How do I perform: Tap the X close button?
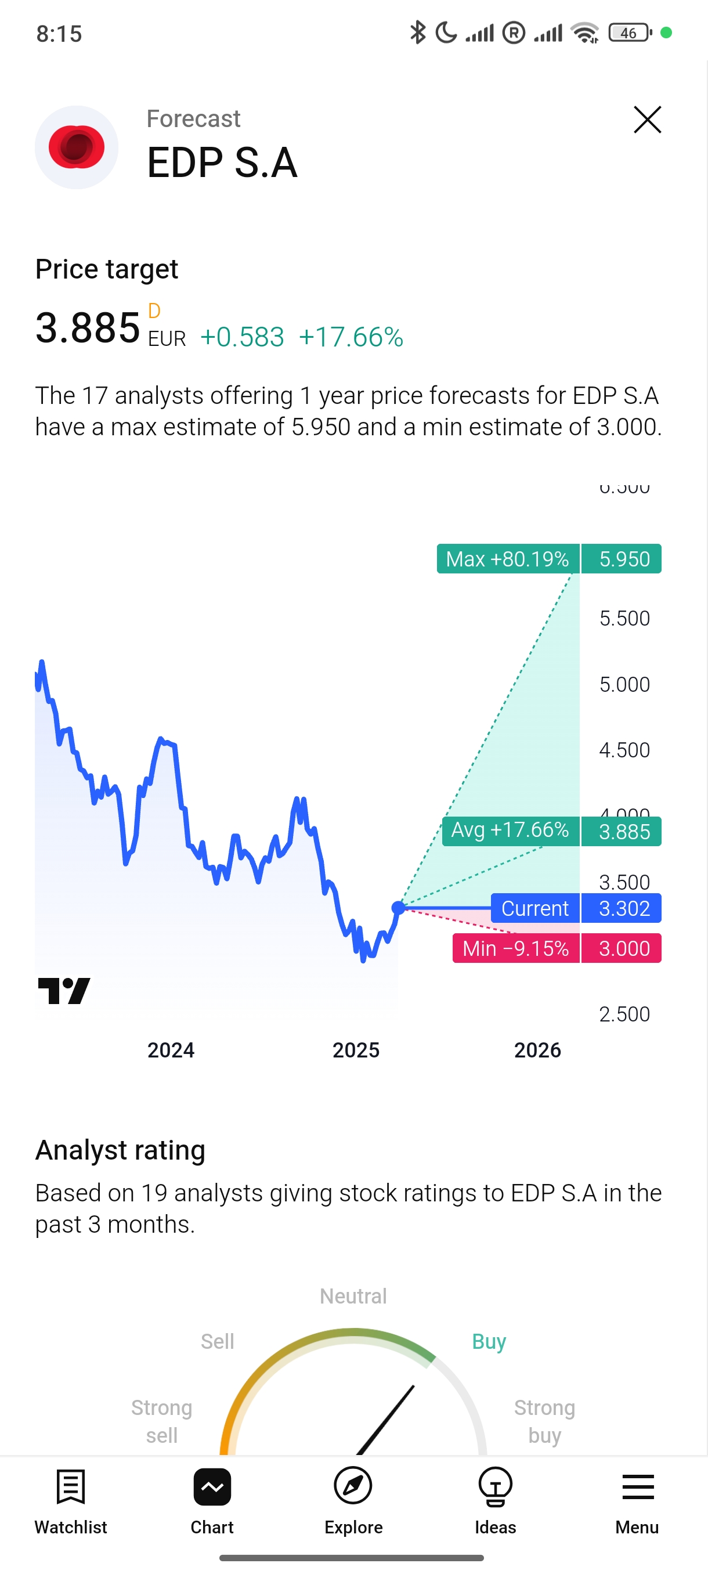[x=647, y=120]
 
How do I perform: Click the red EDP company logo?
[x=77, y=147]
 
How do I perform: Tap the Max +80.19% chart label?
[x=508, y=558]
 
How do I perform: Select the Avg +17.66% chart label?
[x=510, y=831]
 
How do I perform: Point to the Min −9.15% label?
[x=515, y=948]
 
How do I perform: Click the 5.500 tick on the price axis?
[x=624, y=618]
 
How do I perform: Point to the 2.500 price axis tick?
[x=624, y=1015]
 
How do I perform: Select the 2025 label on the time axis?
[x=356, y=1050]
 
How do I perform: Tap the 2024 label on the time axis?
[x=171, y=1050]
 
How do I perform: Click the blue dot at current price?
[x=398, y=907]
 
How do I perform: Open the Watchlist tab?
[x=71, y=1500]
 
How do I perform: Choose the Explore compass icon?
[x=353, y=1486]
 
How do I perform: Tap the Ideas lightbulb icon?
[x=495, y=1486]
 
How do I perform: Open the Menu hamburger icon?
[x=637, y=1486]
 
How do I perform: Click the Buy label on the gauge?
[x=489, y=1342]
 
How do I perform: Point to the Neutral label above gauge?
[x=353, y=1296]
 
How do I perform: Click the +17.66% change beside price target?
[x=351, y=337]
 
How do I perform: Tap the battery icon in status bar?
[x=630, y=33]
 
